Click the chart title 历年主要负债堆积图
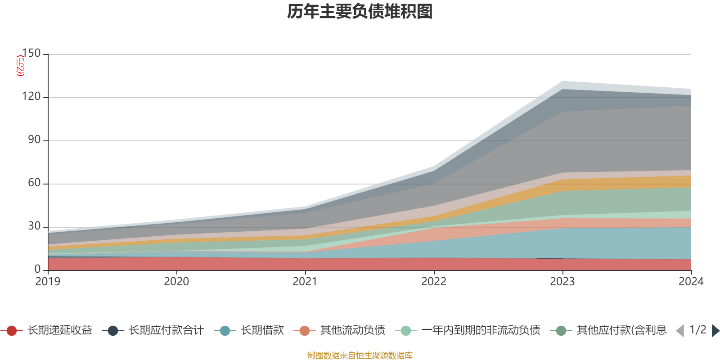pos(360,12)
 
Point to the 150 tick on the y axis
pos(31,54)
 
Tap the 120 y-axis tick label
pos(31,97)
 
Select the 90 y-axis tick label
pos(34,140)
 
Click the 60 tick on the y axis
pos(34,183)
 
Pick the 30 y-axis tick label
pos(34,226)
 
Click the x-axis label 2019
pos(48,282)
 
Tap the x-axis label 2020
pos(176,282)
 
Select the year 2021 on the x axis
pos(305,282)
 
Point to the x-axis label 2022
pos(434,282)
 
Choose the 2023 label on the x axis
pos(562,282)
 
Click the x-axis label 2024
pos(691,282)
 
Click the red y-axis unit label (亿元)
pos(20,66)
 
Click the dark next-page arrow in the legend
pos(715,331)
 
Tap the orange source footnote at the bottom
pos(360,355)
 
